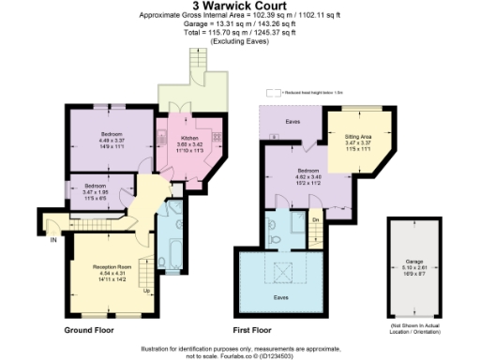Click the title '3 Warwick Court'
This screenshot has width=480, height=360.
pos(239,7)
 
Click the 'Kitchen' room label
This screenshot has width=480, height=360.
pos(190,137)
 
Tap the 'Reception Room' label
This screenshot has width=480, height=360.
pos(110,267)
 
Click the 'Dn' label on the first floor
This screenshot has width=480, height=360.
pos(316,219)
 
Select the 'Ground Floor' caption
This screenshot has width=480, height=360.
pos(89,331)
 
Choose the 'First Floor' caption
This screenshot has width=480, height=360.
pos(253,331)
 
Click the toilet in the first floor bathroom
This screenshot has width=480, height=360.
pos(271,225)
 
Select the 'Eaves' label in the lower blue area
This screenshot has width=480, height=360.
pos(281,297)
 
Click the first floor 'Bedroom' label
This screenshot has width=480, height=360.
pos(307,147)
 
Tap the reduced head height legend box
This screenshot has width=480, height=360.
pos(273,93)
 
